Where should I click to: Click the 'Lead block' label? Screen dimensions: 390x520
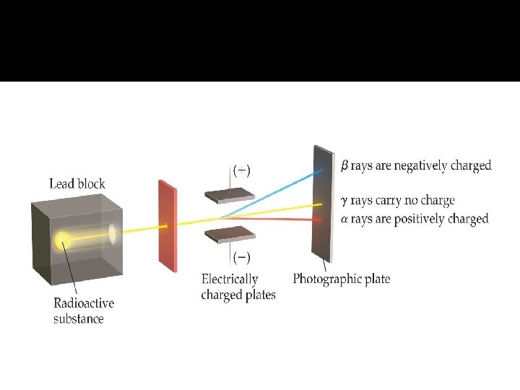(x=77, y=183)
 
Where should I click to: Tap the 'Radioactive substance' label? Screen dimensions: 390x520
(x=84, y=311)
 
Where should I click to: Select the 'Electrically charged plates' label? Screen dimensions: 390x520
(x=238, y=287)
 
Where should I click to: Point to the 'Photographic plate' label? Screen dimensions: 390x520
(x=342, y=279)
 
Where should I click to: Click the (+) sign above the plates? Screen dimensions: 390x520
(x=241, y=171)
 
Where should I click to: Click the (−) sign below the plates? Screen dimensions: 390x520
(x=241, y=256)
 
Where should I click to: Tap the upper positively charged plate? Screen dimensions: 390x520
(x=230, y=196)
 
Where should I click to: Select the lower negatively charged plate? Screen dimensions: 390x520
(x=230, y=235)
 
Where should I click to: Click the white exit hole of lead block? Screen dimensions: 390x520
(x=113, y=233)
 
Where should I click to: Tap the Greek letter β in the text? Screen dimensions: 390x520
(x=344, y=165)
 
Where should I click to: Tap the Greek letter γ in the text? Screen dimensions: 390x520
(x=344, y=201)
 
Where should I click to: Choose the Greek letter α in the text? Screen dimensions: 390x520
(x=344, y=219)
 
